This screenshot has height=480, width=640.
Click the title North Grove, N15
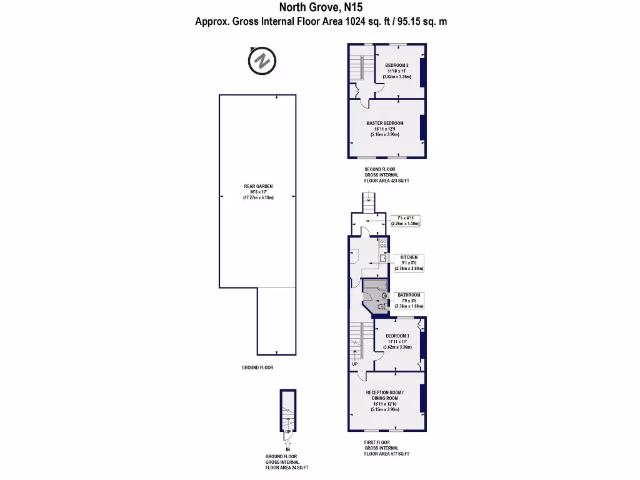point(320,7)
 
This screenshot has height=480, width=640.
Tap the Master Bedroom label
point(384,128)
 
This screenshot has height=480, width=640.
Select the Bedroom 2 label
point(397,71)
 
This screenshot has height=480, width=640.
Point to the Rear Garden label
point(258,191)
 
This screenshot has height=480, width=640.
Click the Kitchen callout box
point(409,262)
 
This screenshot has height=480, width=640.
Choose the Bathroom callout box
point(409,300)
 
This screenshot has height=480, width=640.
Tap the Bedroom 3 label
point(397,341)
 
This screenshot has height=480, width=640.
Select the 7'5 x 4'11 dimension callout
point(405,220)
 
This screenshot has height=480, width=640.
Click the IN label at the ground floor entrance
point(288,449)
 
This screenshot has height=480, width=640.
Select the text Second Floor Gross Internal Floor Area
point(387,175)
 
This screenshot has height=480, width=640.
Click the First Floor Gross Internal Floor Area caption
point(387,448)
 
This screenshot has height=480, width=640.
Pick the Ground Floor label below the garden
point(257,367)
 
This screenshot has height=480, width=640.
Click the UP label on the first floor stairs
point(355,364)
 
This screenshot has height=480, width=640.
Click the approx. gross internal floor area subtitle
point(321,21)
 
